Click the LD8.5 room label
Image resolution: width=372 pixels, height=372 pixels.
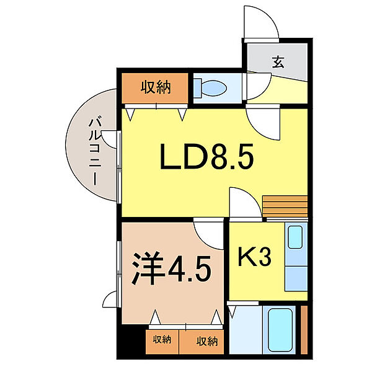click(206, 160)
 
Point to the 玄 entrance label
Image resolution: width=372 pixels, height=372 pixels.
click(278, 62)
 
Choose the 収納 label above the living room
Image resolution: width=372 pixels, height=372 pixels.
click(154, 87)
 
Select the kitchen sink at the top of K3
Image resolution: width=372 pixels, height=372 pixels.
click(296, 237)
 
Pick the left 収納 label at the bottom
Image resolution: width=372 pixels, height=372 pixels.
click(162, 340)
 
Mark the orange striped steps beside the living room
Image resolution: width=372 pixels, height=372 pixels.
click(285, 205)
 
